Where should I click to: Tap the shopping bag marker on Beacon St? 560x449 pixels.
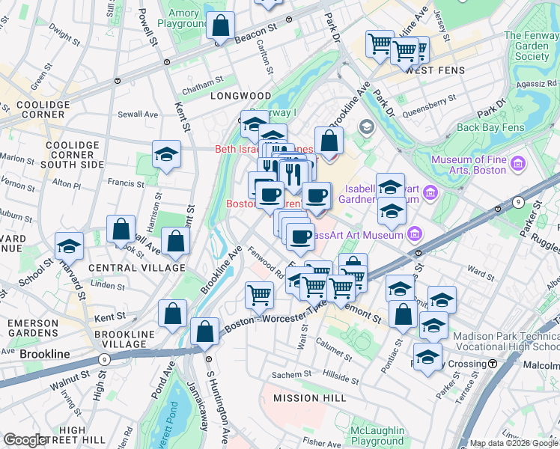(222, 27)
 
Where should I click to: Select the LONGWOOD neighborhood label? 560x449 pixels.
(240, 96)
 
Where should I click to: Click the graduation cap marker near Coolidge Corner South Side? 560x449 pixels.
(166, 155)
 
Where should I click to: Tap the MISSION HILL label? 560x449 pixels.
(309, 398)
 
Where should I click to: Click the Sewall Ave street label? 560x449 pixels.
(139, 114)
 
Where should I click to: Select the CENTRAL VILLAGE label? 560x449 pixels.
(136, 267)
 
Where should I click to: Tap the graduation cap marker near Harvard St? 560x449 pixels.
(70, 245)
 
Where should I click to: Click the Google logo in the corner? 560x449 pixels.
(25, 440)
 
